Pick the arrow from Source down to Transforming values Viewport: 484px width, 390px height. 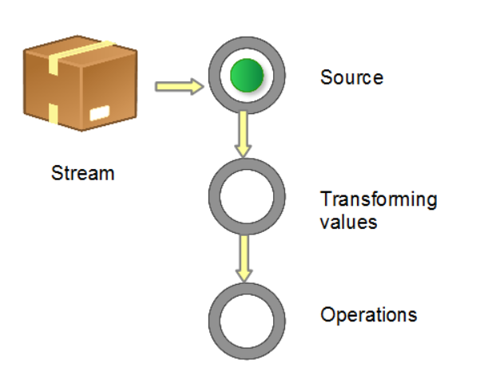(x=244, y=134)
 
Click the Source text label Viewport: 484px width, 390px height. (x=351, y=77)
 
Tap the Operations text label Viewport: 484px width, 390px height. (x=368, y=314)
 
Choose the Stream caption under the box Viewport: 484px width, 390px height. (x=82, y=172)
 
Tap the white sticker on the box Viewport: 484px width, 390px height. (x=101, y=113)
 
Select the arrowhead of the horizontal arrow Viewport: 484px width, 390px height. (x=196, y=86)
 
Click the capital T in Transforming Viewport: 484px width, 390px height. (x=326, y=199)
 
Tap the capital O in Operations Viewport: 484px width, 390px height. (x=327, y=314)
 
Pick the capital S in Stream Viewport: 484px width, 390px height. (x=57, y=172)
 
